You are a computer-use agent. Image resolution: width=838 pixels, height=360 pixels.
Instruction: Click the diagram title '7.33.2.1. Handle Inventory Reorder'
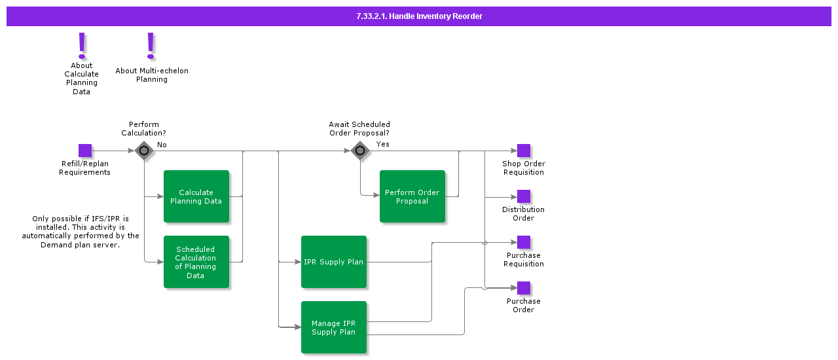click(x=419, y=16)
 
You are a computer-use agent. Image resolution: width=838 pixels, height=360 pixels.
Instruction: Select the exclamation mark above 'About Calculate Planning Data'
click(x=82, y=46)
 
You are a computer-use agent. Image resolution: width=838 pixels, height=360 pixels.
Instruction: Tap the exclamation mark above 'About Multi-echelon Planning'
click(x=151, y=46)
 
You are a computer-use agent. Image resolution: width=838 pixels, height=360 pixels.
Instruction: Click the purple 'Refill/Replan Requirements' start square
click(x=85, y=151)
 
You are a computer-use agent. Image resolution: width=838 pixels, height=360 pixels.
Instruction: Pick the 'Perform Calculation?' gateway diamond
click(x=144, y=151)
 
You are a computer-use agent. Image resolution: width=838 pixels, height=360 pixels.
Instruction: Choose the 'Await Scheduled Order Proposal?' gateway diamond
click(x=360, y=151)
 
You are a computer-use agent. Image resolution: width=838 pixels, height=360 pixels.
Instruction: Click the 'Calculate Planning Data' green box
click(x=196, y=196)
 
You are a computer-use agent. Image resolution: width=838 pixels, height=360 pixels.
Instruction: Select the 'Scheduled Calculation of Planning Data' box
click(x=196, y=262)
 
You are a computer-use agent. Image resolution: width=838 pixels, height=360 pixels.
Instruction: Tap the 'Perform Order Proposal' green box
click(x=412, y=196)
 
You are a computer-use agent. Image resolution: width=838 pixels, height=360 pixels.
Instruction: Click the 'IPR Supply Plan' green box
click(x=334, y=262)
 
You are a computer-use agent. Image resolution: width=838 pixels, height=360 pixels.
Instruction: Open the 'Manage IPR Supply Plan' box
click(x=334, y=327)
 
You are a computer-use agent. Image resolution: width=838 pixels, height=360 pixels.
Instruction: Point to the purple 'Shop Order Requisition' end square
click(x=524, y=151)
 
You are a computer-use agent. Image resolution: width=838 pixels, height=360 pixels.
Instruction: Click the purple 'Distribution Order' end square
click(x=524, y=196)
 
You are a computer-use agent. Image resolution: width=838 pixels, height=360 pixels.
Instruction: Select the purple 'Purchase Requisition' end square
click(x=524, y=242)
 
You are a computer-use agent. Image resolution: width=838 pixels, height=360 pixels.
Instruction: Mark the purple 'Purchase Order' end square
click(x=524, y=288)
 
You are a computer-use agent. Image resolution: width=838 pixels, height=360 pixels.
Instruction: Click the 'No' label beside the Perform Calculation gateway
click(x=162, y=145)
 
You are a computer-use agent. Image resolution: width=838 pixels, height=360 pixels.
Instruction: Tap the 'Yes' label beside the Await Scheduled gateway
click(x=383, y=144)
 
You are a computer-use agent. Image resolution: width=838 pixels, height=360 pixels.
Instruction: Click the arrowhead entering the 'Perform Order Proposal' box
click(x=376, y=196)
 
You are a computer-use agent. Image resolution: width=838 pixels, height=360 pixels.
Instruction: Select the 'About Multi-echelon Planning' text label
click(x=152, y=75)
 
